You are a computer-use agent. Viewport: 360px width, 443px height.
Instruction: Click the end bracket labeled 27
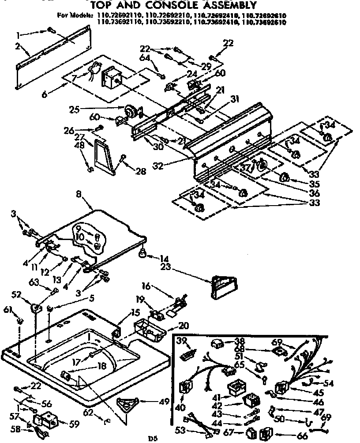102,155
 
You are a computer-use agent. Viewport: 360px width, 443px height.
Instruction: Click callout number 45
318,392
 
